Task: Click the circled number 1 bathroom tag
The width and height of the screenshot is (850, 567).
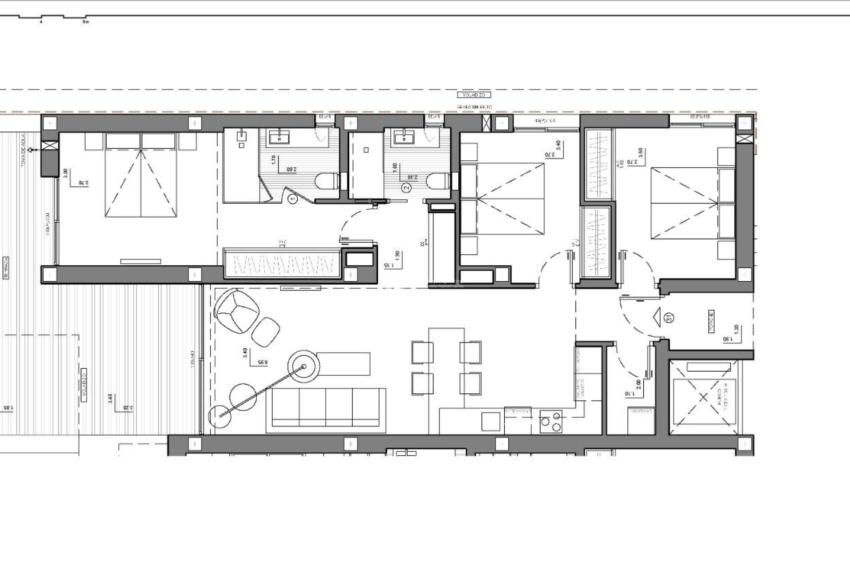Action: coord(293,200)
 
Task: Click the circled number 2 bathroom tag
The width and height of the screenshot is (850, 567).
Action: coord(406,188)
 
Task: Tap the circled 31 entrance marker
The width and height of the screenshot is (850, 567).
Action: coord(669,317)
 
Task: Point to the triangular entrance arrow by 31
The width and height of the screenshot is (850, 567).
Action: coord(657,317)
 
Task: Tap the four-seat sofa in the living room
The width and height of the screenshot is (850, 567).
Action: coord(326,410)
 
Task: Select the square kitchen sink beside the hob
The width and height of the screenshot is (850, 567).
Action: coord(491,421)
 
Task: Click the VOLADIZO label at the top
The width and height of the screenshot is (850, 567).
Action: coord(474,95)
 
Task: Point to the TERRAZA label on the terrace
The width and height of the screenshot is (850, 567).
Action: coord(6,268)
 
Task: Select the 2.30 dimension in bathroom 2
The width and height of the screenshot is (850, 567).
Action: coord(412,177)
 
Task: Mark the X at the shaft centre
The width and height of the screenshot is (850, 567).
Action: coord(703,397)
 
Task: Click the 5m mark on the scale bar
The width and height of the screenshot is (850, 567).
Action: coord(85,21)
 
